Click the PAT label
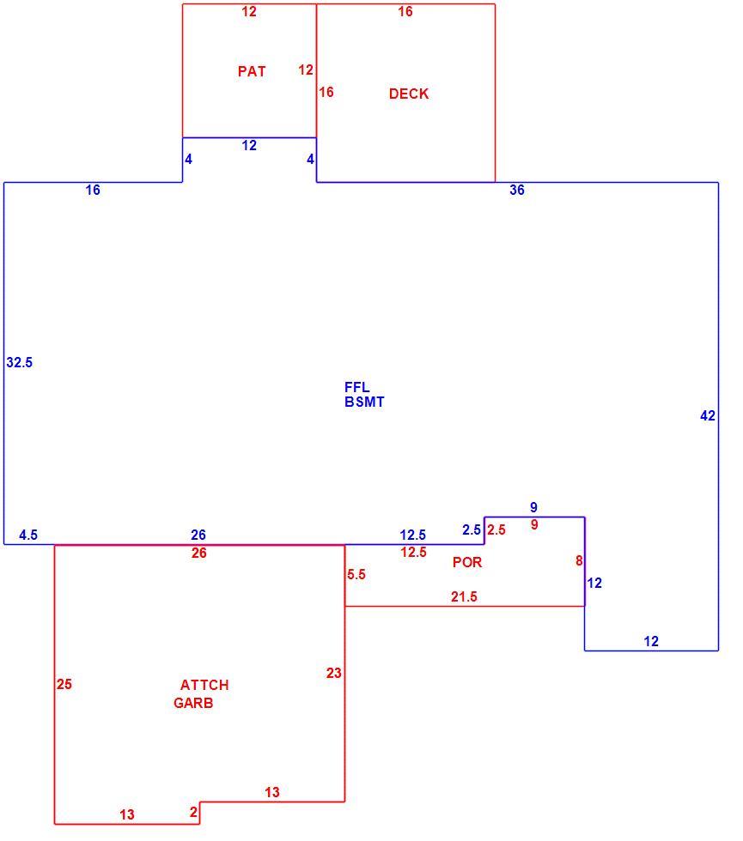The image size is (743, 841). coord(252,71)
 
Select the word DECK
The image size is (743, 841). coord(409,94)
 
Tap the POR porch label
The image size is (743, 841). coord(467,562)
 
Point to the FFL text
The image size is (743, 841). coord(357,387)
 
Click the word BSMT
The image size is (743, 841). coord(364,402)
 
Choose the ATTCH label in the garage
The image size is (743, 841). coord(204,685)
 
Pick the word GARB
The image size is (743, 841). coord(193,703)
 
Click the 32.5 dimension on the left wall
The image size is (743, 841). coord(19,362)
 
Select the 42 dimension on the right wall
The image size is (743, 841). coord(708,415)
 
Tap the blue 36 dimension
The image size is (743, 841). coord(517,190)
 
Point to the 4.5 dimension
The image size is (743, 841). coord(28,535)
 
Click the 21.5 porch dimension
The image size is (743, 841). coord(464,596)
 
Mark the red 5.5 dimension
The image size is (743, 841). coord(356,574)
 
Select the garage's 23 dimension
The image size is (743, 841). coord(334,673)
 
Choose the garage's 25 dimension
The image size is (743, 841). coord(64,685)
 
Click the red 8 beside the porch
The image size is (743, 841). coord(579,560)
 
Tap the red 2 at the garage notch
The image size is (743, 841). coord(193,813)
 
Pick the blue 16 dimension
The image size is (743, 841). coord(93,190)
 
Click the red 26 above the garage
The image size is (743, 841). coord(199,553)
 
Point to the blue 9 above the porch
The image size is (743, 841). coord(533,507)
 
